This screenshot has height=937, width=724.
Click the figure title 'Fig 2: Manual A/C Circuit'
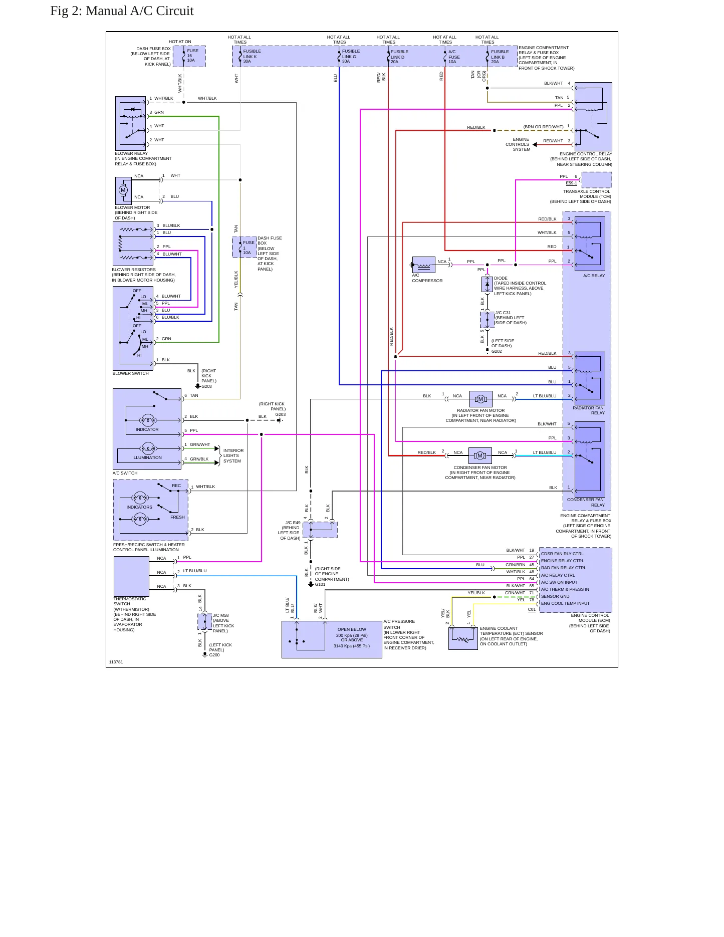point(122,11)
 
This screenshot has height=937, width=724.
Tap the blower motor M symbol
point(123,190)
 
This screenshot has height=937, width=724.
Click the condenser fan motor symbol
point(480,455)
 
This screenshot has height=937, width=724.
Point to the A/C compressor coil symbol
point(423,265)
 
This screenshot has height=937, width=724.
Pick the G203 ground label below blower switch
point(206,386)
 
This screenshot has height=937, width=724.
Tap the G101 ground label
point(320,584)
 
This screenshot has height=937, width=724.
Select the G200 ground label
point(214,655)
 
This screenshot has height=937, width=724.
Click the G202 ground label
point(497,351)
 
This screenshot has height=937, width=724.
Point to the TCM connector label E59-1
point(571,183)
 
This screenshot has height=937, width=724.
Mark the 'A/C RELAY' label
point(594,276)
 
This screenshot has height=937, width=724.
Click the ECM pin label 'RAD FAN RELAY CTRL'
point(564,568)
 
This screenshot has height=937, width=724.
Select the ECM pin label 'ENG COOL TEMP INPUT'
point(565,603)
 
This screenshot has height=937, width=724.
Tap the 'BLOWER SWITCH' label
point(131,373)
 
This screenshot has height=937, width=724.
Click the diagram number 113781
point(116,662)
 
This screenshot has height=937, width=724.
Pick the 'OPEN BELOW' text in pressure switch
point(352,629)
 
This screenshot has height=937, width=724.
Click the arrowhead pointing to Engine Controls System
point(535,144)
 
